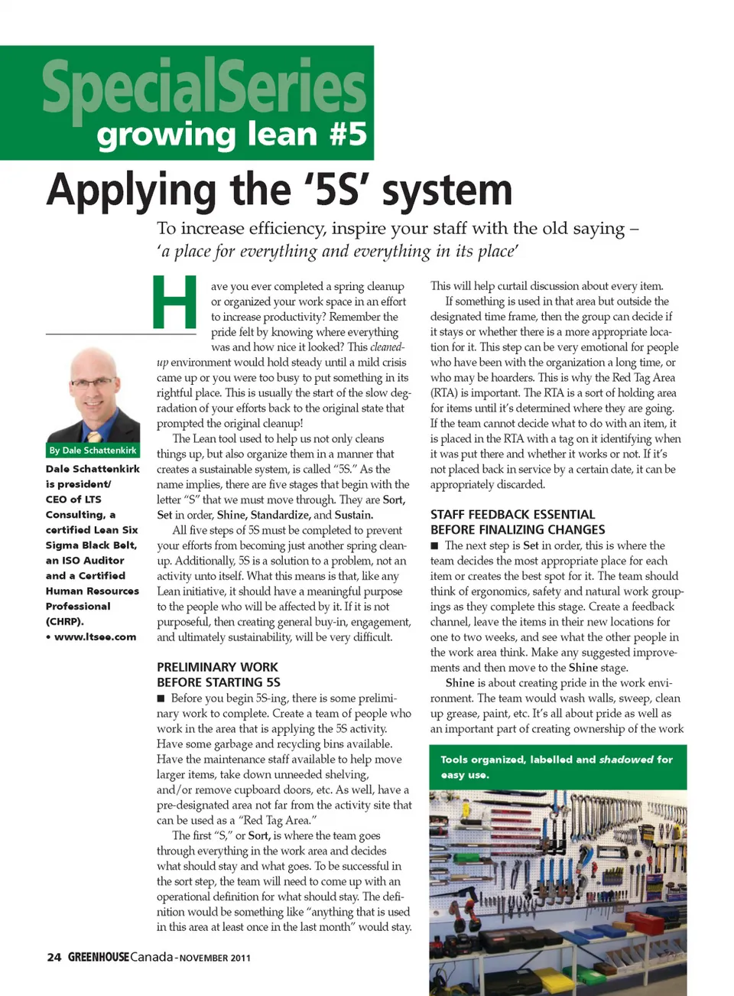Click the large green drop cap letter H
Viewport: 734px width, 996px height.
[175, 302]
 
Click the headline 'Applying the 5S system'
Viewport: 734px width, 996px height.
[279, 190]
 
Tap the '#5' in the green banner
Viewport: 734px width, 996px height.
[348, 134]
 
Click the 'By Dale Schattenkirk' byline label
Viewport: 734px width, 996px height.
[93, 451]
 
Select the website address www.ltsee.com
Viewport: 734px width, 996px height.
[95, 636]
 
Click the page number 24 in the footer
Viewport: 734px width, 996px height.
[54, 957]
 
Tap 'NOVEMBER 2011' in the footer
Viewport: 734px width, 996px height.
[215, 958]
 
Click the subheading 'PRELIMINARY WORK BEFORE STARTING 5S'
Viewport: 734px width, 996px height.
[218, 675]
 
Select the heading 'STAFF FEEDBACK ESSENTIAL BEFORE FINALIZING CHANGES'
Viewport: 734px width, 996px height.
[518, 522]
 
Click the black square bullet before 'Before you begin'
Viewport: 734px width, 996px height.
[161, 698]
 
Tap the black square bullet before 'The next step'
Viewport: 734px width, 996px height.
[434, 546]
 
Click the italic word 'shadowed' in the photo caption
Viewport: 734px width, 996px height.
[625, 760]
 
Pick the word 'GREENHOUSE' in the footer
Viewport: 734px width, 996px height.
[99, 957]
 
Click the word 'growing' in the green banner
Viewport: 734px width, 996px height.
[167, 135]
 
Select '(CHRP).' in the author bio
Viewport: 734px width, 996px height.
[65, 621]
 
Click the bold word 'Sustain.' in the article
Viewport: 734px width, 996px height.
[353, 515]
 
